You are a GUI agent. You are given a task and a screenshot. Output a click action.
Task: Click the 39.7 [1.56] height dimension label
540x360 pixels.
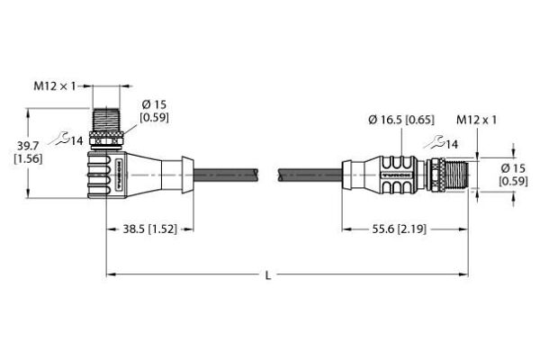point(28,153)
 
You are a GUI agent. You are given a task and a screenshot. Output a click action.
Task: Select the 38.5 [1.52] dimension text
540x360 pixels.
point(150,229)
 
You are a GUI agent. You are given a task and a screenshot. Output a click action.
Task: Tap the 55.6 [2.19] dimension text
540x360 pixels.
point(399,229)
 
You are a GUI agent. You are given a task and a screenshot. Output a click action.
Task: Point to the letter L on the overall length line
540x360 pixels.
point(268,275)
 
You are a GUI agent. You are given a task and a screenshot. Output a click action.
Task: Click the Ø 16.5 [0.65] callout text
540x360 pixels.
point(401,120)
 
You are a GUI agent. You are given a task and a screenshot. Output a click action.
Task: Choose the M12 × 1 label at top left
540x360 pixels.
point(54,86)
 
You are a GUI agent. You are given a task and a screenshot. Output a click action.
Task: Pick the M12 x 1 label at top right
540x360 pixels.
point(477,120)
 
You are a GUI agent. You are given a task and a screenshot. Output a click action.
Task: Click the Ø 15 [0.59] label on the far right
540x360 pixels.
point(513,175)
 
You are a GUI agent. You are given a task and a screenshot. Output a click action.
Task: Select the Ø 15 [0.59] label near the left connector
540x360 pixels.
point(154,111)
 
